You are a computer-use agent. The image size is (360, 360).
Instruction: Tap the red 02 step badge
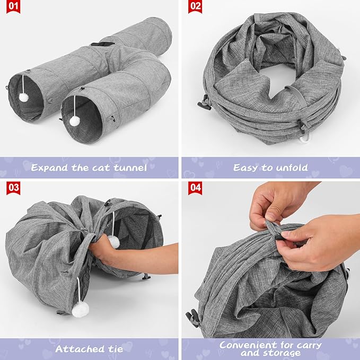click(x=195, y=7)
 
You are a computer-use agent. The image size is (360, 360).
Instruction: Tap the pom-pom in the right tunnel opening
click(x=75, y=121)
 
